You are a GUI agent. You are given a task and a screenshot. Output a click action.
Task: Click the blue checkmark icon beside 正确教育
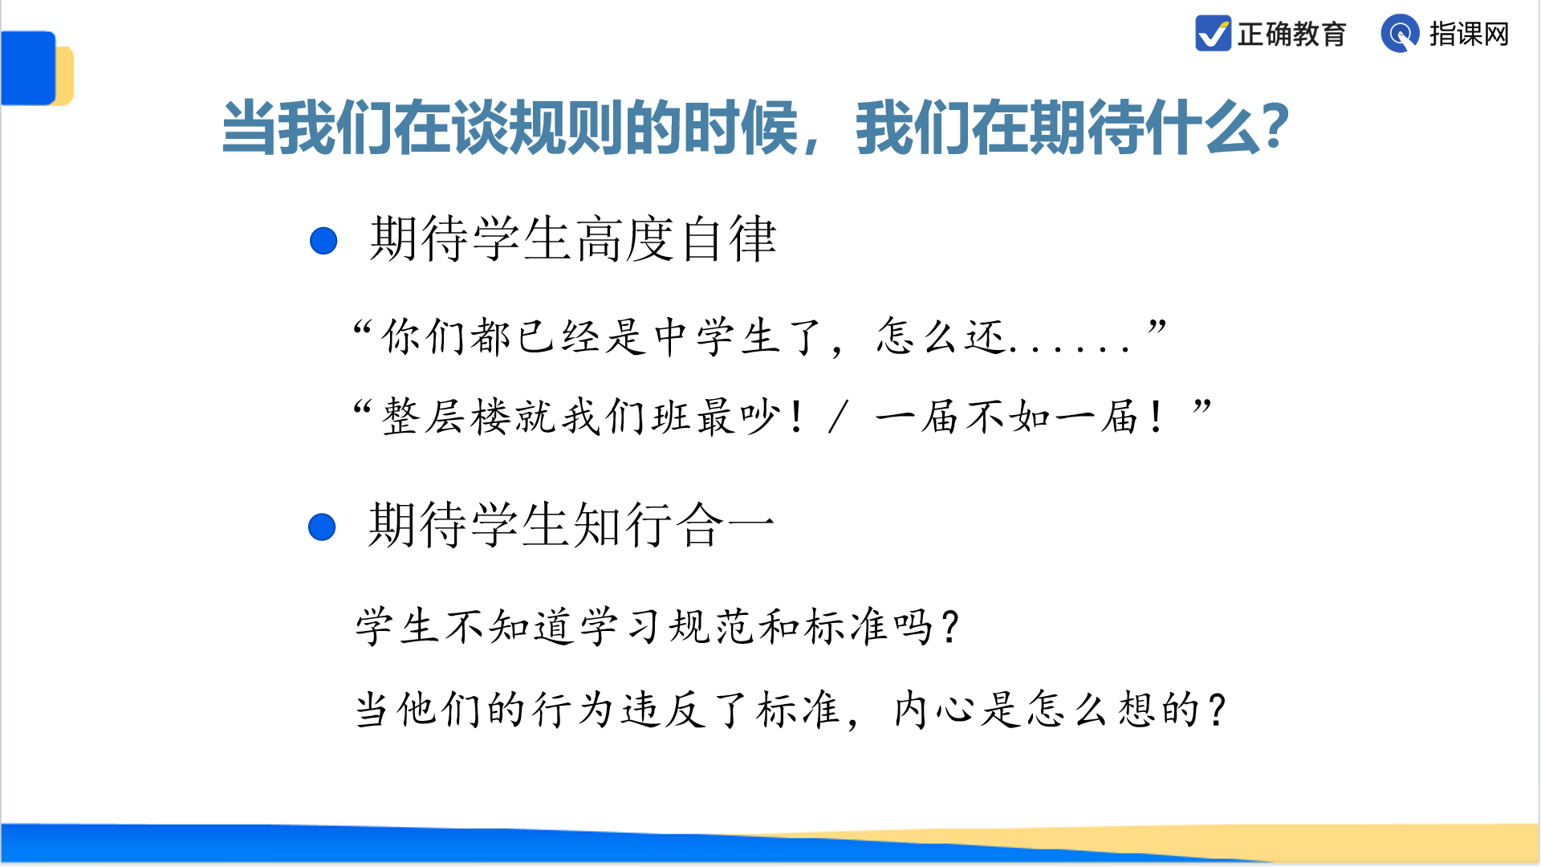[1213, 34]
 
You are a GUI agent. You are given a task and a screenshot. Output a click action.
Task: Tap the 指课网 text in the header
[1469, 35]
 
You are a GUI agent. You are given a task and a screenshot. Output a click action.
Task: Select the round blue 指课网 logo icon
[1400, 34]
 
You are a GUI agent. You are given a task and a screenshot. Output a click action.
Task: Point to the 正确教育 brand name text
[1291, 35]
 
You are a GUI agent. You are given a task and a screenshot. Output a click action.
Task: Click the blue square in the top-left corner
[29, 68]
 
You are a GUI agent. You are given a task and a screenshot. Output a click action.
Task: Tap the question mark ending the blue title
[1274, 127]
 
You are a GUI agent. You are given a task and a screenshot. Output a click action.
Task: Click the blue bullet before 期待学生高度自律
[323, 241]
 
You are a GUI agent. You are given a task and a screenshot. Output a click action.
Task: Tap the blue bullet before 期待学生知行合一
[322, 527]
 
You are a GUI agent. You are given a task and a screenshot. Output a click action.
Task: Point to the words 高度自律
[677, 239]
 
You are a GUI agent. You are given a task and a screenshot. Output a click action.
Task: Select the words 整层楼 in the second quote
[446, 417]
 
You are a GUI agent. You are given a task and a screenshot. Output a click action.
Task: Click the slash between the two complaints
[839, 417]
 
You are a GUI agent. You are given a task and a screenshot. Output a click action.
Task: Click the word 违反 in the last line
[663, 710]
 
